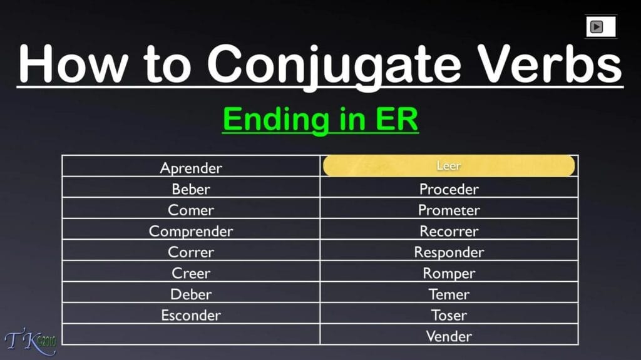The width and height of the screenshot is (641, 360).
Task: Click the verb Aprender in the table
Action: click(x=191, y=168)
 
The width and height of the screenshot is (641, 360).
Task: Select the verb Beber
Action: click(x=191, y=189)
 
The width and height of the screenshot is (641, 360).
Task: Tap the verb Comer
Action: click(x=191, y=210)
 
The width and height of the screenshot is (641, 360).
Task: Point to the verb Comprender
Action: click(x=191, y=232)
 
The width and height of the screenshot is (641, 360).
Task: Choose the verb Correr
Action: click(x=191, y=252)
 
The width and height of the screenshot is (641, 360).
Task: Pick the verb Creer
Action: click(x=191, y=274)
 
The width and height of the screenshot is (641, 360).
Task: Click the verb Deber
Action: click(x=191, y=294)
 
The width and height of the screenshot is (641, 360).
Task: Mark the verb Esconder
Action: click(x=191, y=316)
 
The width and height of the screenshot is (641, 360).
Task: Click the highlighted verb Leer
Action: click(x=449, y=166)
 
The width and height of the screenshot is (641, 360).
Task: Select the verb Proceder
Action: click(x=449, y=189)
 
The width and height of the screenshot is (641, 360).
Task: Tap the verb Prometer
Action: click(x=449, y=210)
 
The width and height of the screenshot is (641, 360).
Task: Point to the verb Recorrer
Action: click(x=449, y=232)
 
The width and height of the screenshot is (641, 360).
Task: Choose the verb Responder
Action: click(x=449, y=252)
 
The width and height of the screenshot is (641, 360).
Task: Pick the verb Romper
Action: click(x=449, y=274)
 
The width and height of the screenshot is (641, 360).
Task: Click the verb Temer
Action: click(x=449, y=294)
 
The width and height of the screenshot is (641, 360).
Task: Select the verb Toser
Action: click(x=449, y=316)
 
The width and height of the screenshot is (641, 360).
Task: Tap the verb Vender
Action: click(x=449, y=336)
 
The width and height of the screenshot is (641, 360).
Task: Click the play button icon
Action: click(x=597, y=27)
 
